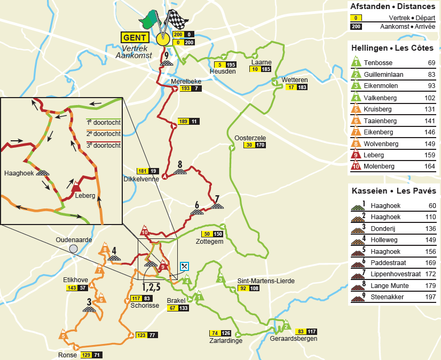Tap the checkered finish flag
tap(178, 20)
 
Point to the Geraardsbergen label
tap(294, 339)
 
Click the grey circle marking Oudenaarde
tap(73, 249)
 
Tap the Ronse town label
tap(67, 355)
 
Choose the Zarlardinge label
tap(226, 341)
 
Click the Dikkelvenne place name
tap(141, 179)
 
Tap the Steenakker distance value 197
tap(430, 297)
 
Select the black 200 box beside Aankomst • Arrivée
tap(355, 27)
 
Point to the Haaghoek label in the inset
tap(19, 173)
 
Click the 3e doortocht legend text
tap(103, 145)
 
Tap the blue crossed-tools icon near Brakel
tap(185, 266)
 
